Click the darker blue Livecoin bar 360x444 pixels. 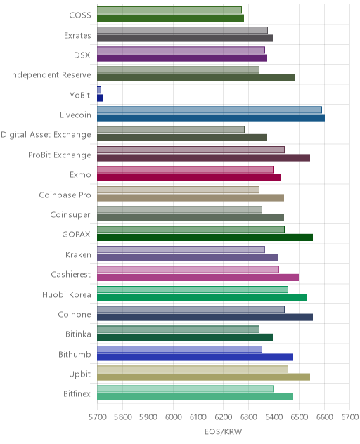coord(211,118)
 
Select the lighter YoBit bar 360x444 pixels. coord(99,90)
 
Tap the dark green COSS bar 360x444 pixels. coord(170,18)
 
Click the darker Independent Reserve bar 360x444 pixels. coord(196,78)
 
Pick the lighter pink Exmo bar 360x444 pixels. coord(185,169)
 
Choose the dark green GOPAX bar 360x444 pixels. coord(205,237)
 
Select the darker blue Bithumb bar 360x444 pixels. coord(195,357)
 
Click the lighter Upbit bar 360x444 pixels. coord(193,369)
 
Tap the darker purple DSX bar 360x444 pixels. coord(182,58)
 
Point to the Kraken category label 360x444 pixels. coord(78,254)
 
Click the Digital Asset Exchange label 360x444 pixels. coord(46,135)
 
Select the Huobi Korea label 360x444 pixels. coord(67,294)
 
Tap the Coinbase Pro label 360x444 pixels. coord(65,195)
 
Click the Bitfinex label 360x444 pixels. coord(77,393)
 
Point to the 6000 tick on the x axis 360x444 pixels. coord(173,417)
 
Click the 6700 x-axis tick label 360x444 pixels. coord(349,417)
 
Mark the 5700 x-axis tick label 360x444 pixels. coord(98,417)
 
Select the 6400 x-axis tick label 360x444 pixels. coord(274,417)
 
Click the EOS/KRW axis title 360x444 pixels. coord(224,431)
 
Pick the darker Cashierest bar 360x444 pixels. coord(198,277)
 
